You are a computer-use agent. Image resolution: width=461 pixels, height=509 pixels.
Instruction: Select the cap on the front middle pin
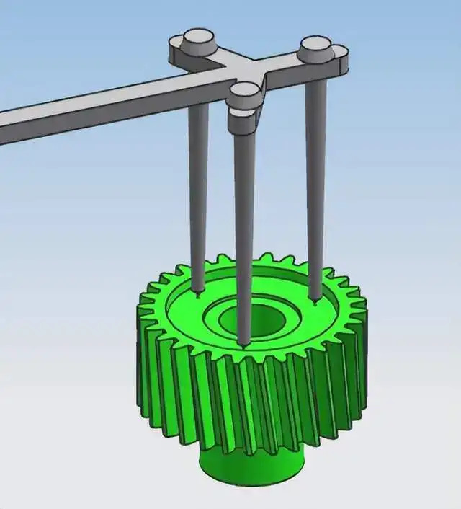pos(245,90)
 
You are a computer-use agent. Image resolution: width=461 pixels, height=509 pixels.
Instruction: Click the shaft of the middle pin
pos(245,231)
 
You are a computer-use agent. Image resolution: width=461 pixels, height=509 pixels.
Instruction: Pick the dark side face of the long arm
pos(108,119)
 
